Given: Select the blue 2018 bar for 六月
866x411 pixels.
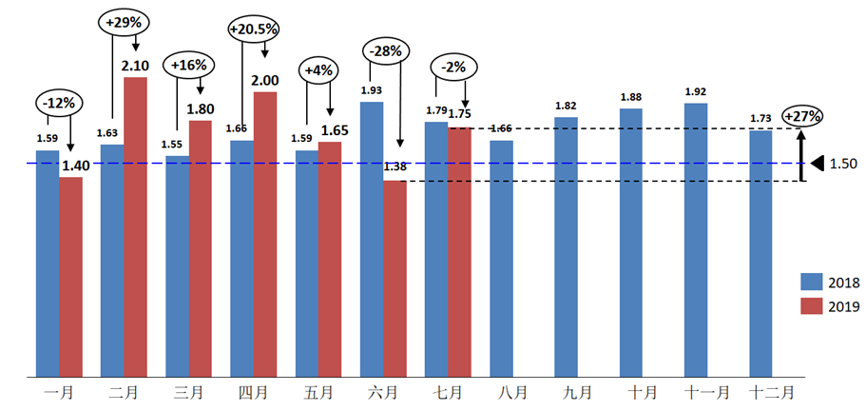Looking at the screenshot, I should coord(372,238).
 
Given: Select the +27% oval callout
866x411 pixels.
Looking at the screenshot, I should coord(802,116).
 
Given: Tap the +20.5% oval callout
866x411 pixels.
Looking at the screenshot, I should coord(254,29).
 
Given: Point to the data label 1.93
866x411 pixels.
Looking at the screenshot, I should coord(371,90).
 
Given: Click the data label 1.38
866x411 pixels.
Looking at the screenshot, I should coord(395,168).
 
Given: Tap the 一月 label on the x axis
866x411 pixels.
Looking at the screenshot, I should coord(59,390).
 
